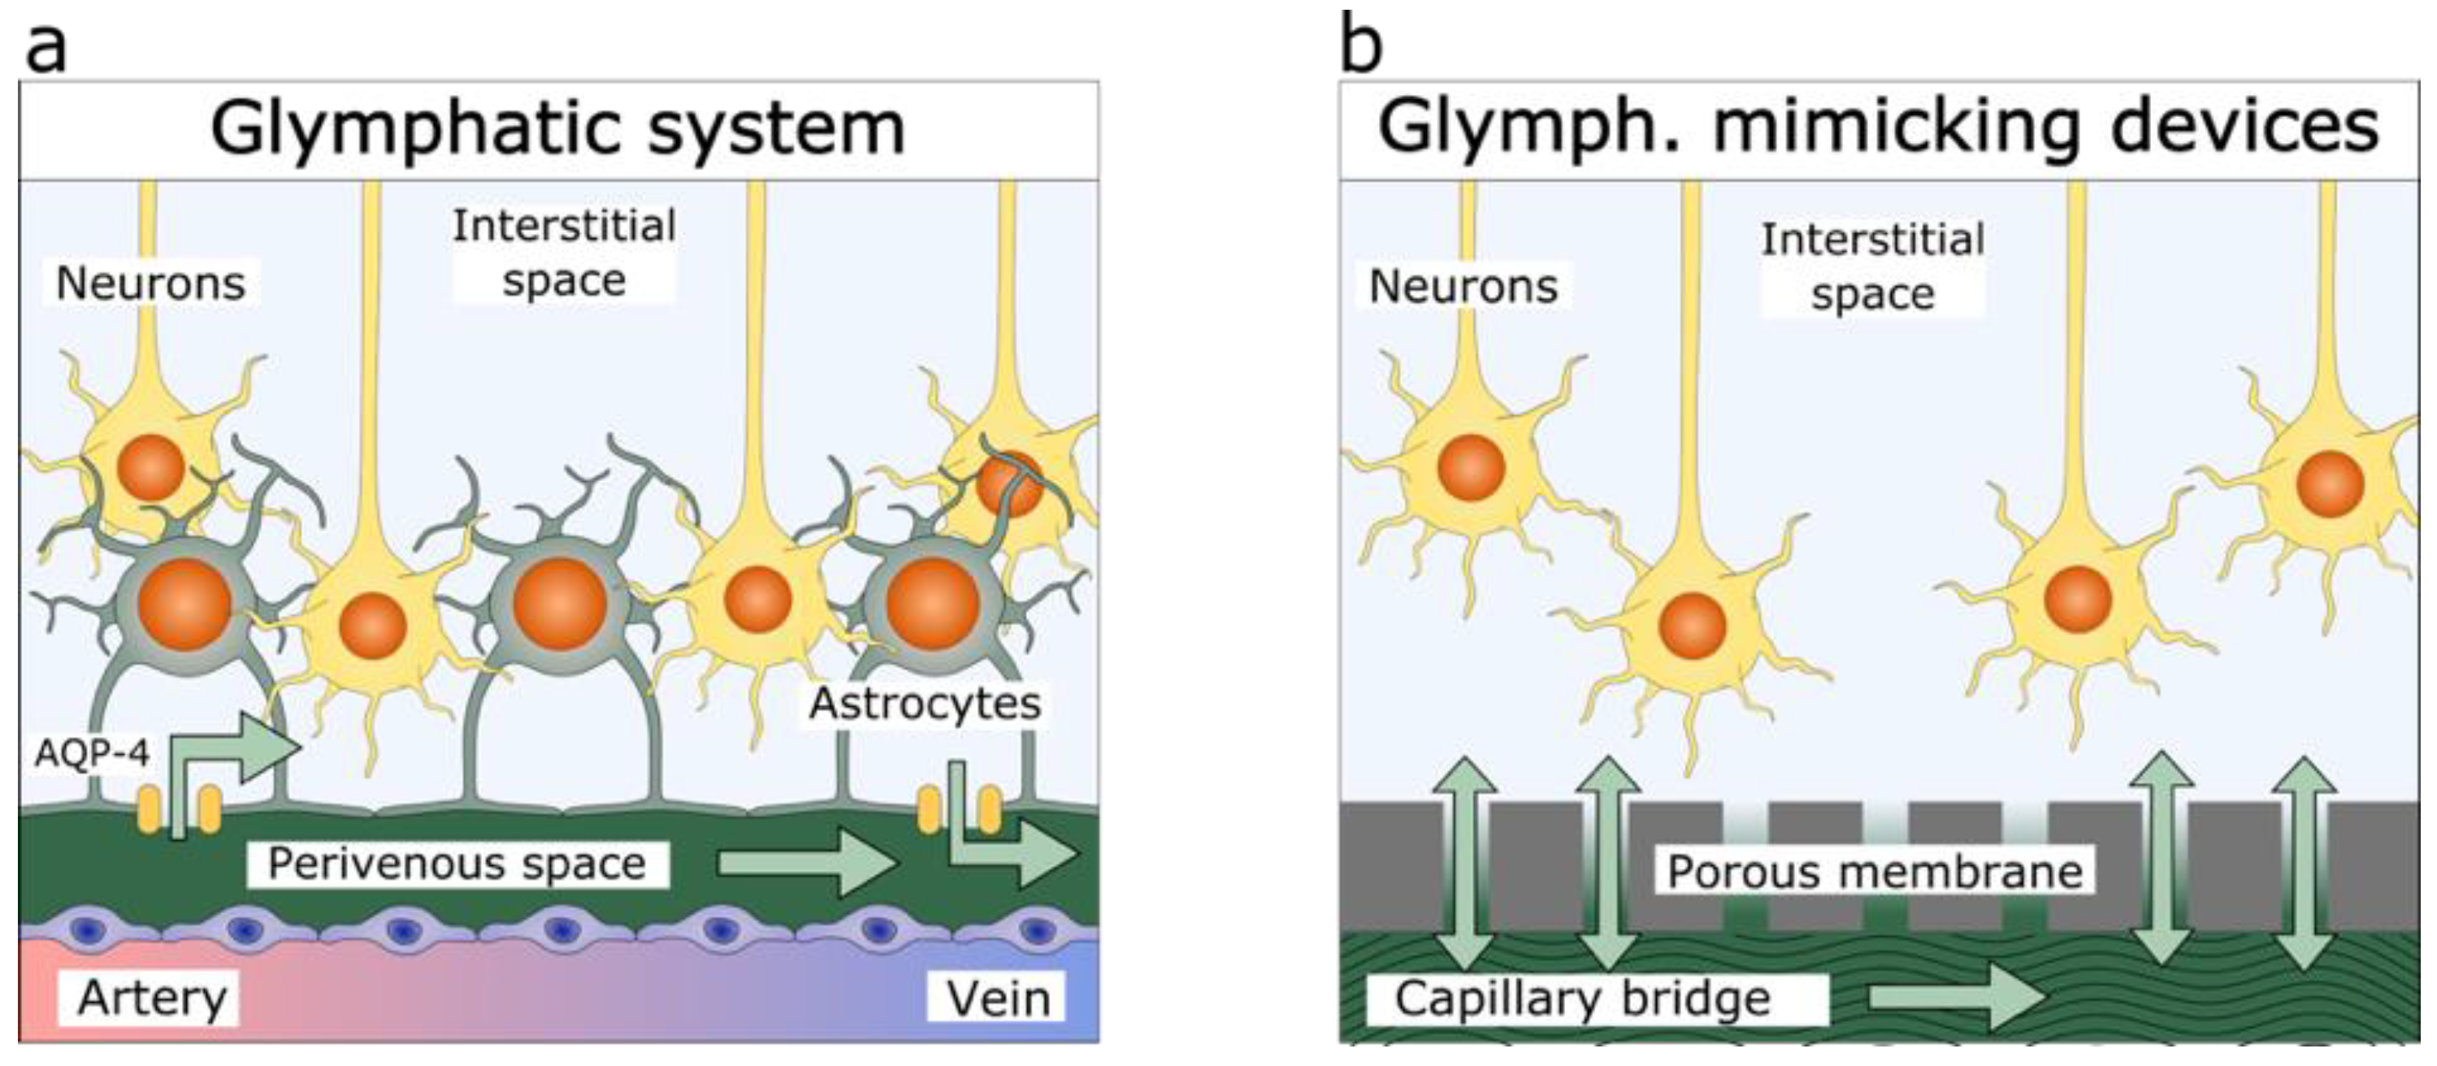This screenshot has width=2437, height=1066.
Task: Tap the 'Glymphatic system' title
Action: [x=558, y=128]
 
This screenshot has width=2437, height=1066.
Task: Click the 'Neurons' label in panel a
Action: [x=150, y=284]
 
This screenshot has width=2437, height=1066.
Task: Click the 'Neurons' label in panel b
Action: [x=1464, y=287]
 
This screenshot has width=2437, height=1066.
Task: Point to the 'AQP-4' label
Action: [x=91, y=754]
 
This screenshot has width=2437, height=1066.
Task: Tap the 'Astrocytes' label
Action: [x=924, y=704]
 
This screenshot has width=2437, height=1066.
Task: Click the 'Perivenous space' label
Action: [x=457, y=864]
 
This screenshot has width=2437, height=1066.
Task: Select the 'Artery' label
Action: [x=151, y=998]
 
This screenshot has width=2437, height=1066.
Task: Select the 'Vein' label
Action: [x=998, y=999]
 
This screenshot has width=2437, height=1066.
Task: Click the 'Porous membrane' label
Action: [x=1874, y=871]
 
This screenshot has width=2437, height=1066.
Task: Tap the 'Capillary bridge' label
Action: [x=1583, y=999]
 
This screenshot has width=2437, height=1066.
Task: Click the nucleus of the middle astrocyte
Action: [x=559, y=604]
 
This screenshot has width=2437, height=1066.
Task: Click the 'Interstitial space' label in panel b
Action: [x=1872, y=266]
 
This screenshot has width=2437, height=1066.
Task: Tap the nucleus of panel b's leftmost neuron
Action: [x=1470, y=467]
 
